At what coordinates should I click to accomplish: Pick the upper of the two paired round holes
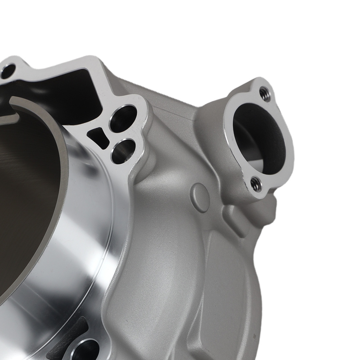pos(123,118)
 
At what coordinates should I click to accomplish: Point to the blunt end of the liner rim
pos(13,103)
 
